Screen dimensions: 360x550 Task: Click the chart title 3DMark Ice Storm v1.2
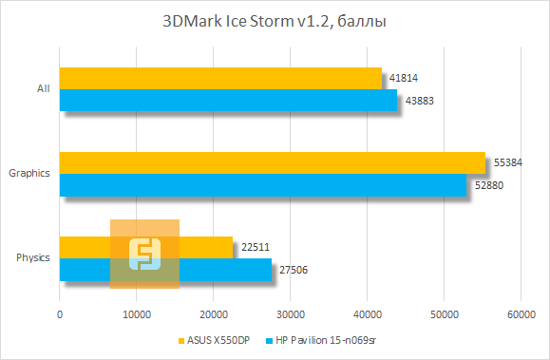(274, 22)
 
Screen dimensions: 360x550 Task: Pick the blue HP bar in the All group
(228, 100)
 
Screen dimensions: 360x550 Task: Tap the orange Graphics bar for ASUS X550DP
(272, 162)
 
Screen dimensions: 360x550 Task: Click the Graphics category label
(28, 174)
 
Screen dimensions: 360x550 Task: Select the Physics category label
(33, 258)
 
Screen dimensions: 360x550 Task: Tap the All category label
(43, 89)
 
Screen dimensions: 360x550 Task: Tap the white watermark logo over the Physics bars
(144, 253)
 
